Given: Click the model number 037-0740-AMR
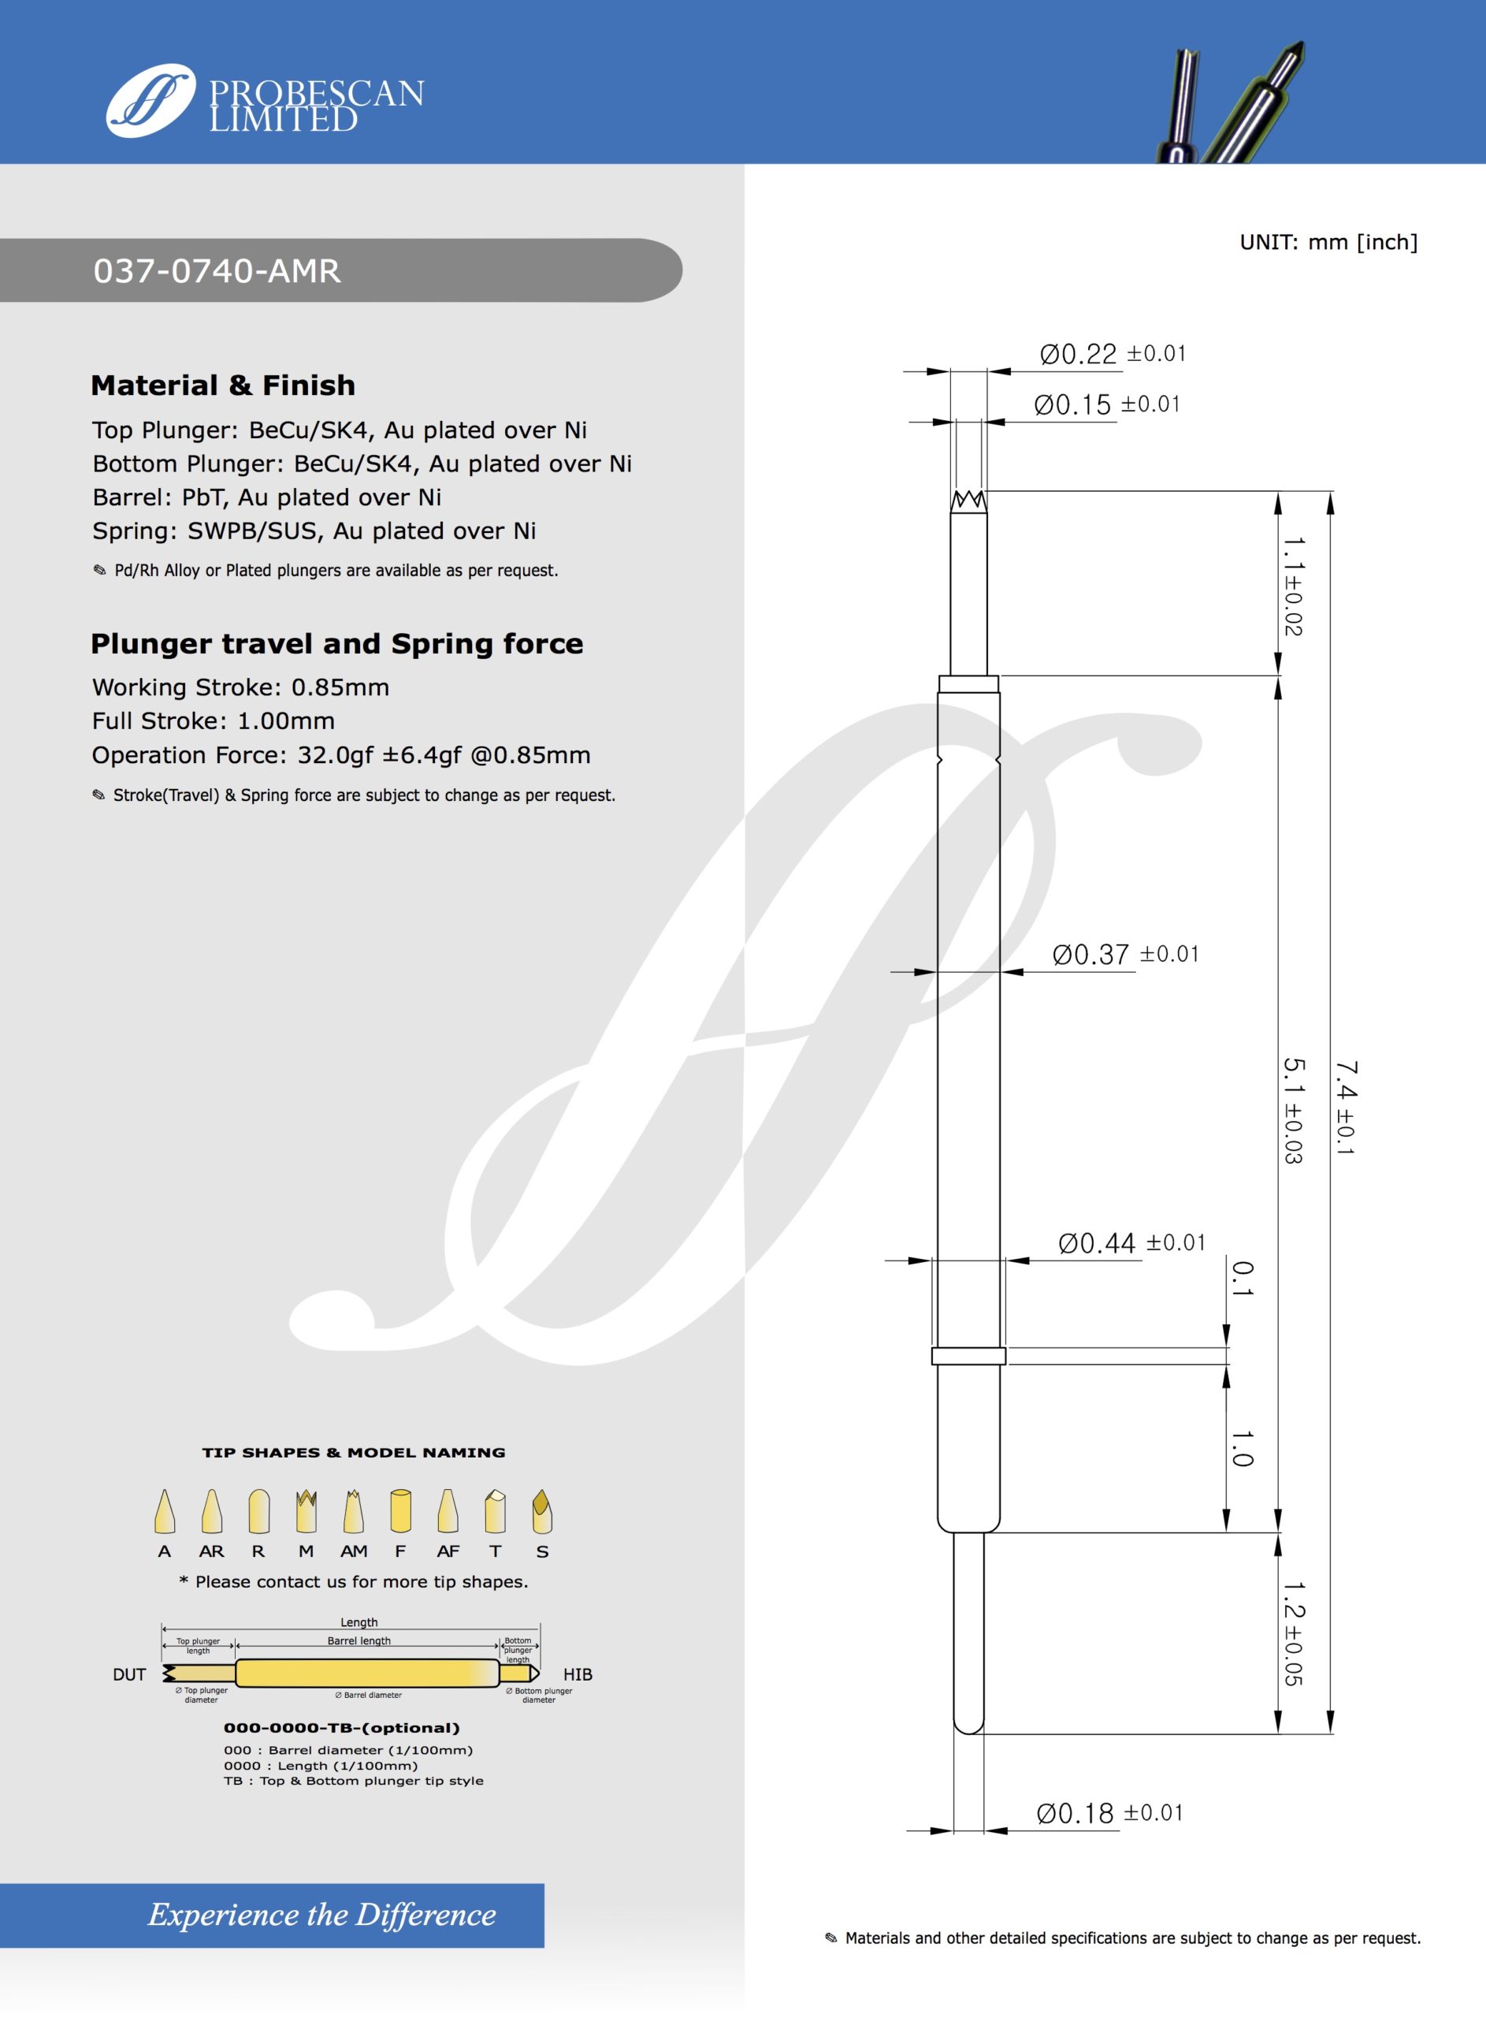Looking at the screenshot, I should (x=217, y=271).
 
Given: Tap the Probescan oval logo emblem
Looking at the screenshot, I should (x=150, y=100).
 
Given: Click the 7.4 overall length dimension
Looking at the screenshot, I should (x=1346, y=1107).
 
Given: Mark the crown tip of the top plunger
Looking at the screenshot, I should (x=969, y=501).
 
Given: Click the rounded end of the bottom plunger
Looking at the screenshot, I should (x=969, y=1726).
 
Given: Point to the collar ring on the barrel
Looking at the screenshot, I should (x=968, y=1356).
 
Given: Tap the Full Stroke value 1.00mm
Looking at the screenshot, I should (x=285, y=720).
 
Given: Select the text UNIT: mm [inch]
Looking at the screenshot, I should (x=1328, y=242).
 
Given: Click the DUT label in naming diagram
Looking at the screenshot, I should (x=129, y=1674).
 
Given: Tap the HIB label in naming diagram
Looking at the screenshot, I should (x=578, y=1674).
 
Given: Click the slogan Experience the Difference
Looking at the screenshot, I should (x=321, y=1915).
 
